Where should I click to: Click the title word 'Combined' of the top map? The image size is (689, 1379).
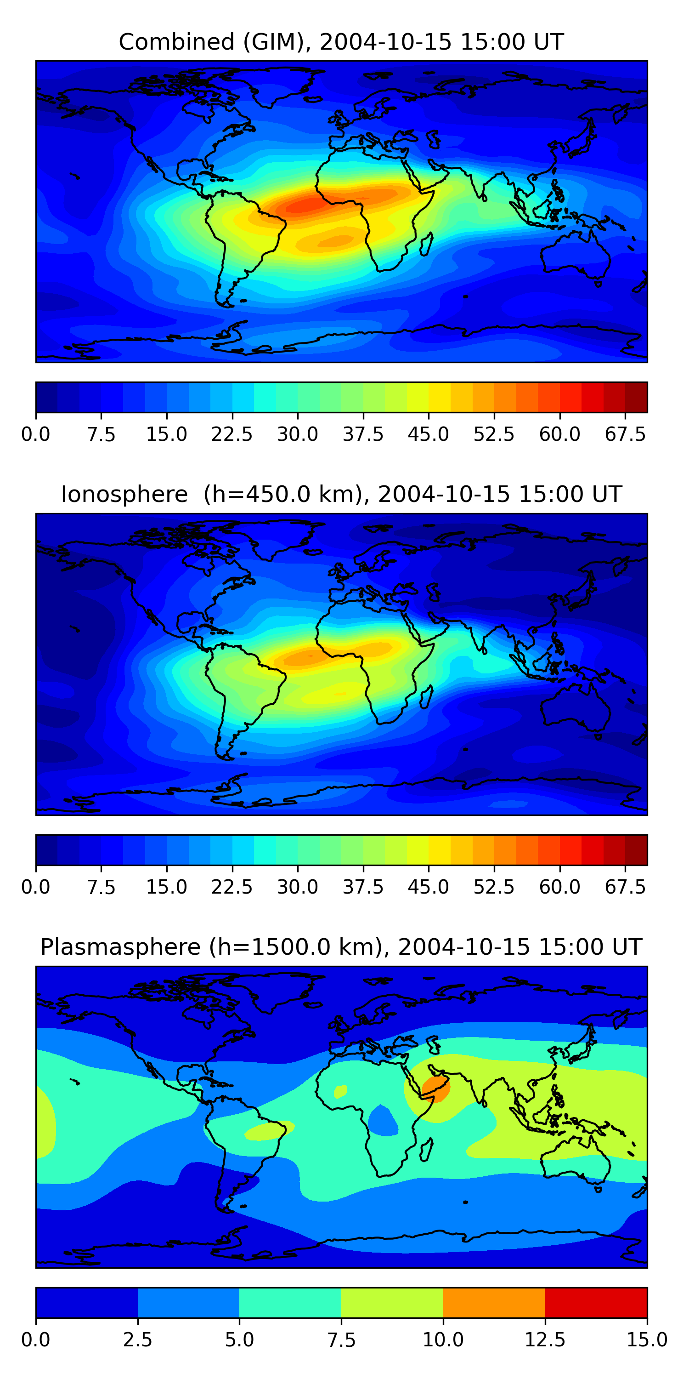[176, 42]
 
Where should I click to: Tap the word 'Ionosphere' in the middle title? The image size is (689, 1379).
[124, 494]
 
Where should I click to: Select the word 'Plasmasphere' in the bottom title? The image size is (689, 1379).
[120, 947]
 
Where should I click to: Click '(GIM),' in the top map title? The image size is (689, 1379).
[277, 42]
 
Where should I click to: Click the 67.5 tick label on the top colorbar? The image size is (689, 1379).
[625, 434]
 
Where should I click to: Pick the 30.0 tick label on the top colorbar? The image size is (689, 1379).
[298, 434]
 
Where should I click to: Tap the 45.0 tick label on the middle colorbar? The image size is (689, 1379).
[429, 887]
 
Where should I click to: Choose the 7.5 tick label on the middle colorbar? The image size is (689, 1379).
[101, 887]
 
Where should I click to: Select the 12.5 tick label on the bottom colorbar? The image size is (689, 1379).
[545, 1340]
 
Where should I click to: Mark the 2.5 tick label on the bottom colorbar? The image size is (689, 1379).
[137, 1340]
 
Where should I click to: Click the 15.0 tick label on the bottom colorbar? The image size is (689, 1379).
[647, 1340]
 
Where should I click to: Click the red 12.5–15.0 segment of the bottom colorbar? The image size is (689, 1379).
[596, 1302]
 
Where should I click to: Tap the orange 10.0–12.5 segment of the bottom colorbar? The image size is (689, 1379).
[494, 1302]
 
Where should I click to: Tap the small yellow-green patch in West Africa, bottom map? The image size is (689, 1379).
[340, 1090]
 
